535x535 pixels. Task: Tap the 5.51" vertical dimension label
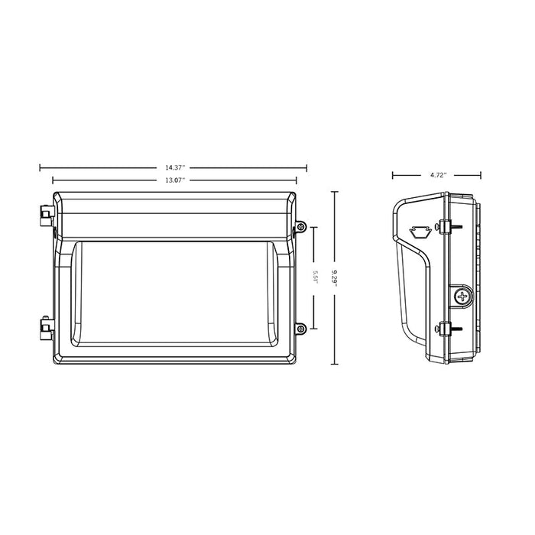(316, 276)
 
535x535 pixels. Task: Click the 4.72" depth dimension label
(438, 175)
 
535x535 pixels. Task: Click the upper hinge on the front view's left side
(44, 212)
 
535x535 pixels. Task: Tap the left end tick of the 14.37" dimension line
(40, 167)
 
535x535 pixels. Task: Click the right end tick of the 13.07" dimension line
(297, 180)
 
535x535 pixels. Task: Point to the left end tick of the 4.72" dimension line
(393, 175)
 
